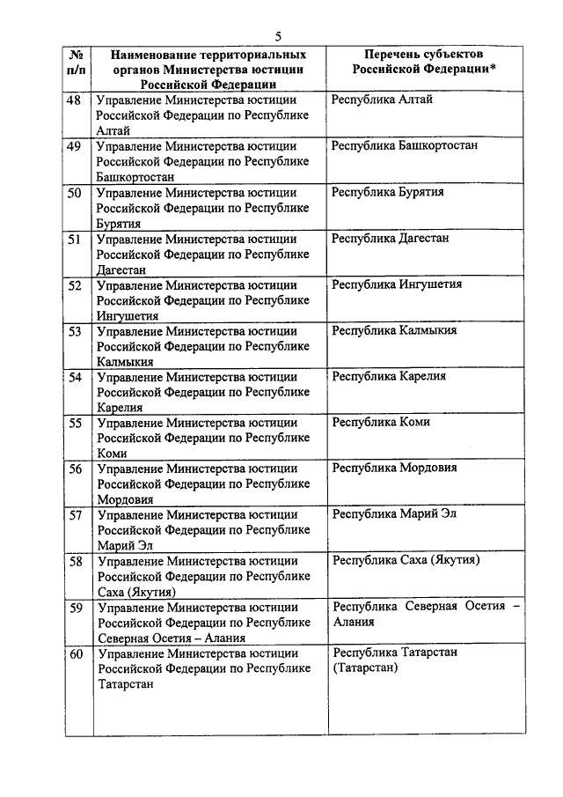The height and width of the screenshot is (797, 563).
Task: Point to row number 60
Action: point(76,654)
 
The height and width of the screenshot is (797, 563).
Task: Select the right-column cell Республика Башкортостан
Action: point(405,145)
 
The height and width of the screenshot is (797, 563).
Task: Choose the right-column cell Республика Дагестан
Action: point(391,238)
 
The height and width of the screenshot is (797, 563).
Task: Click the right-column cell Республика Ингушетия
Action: point(397,284)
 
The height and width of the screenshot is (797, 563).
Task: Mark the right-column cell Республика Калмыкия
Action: point(394,330)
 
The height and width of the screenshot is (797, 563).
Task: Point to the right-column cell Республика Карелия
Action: point(389,376)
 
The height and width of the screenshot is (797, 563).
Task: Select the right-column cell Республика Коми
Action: point(381,422)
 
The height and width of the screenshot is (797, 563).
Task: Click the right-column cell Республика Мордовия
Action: point(394,468)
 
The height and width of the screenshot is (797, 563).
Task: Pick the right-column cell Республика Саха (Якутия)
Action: point(406,559)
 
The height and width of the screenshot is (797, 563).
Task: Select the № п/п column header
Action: point(76,61)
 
